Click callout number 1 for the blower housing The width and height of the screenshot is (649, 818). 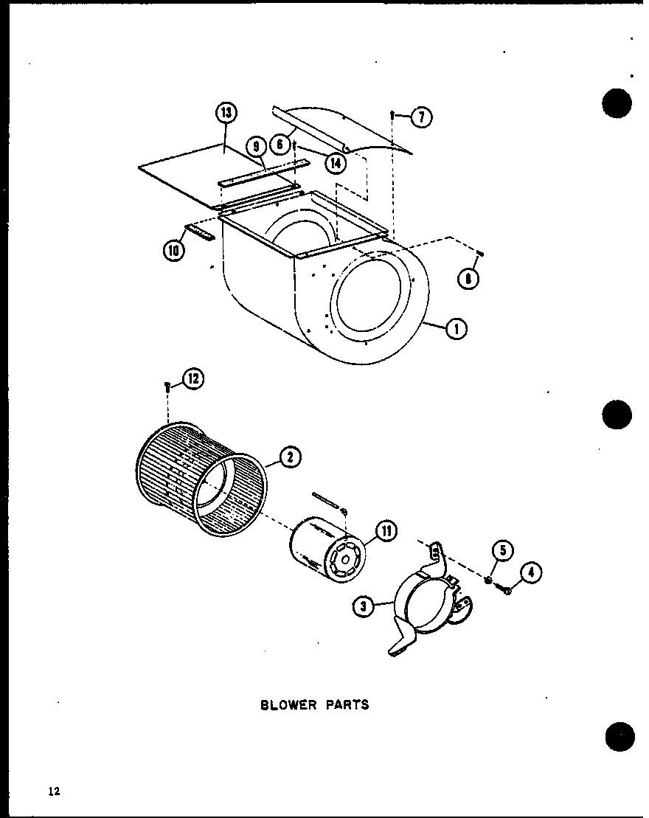[457, 329]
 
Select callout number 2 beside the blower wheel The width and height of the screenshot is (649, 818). [290, 458]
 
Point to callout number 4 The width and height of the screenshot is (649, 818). [531, 572]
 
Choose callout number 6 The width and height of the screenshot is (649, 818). [280, 145]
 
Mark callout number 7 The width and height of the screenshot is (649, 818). [421, 117]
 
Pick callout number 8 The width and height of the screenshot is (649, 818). [468, 279]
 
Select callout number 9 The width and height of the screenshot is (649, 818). [256, 148]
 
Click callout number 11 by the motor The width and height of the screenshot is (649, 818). [386, 531]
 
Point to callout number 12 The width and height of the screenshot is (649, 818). [193, 380]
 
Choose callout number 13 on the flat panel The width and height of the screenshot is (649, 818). [226, 113]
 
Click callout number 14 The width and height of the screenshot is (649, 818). [336, 162]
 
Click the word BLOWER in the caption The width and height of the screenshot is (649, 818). [288, 704]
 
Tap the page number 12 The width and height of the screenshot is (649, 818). [54, 791]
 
